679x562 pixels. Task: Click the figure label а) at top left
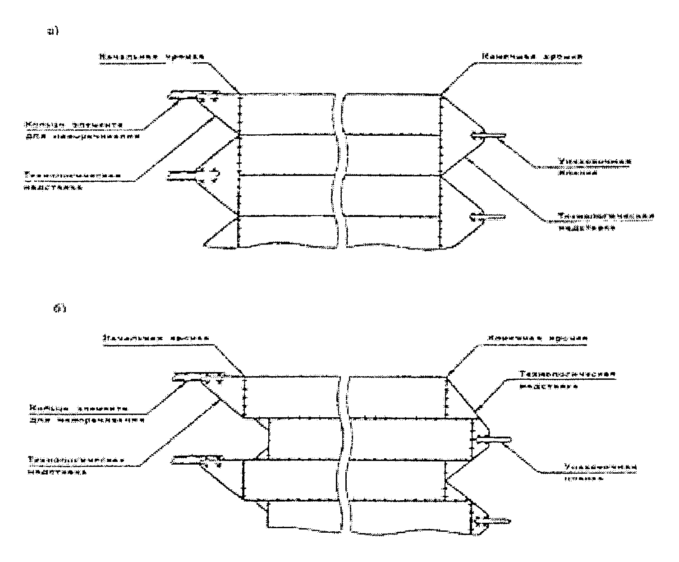[54, 32]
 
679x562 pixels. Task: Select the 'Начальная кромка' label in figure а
[152, 57]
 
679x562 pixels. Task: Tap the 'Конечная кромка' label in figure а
[532, 57]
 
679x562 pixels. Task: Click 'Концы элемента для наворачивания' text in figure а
[81, 129]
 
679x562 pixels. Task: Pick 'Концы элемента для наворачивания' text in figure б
[86, 414]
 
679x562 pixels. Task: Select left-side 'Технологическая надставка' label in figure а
[73, 180]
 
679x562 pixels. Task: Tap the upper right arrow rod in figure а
[487, 135]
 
